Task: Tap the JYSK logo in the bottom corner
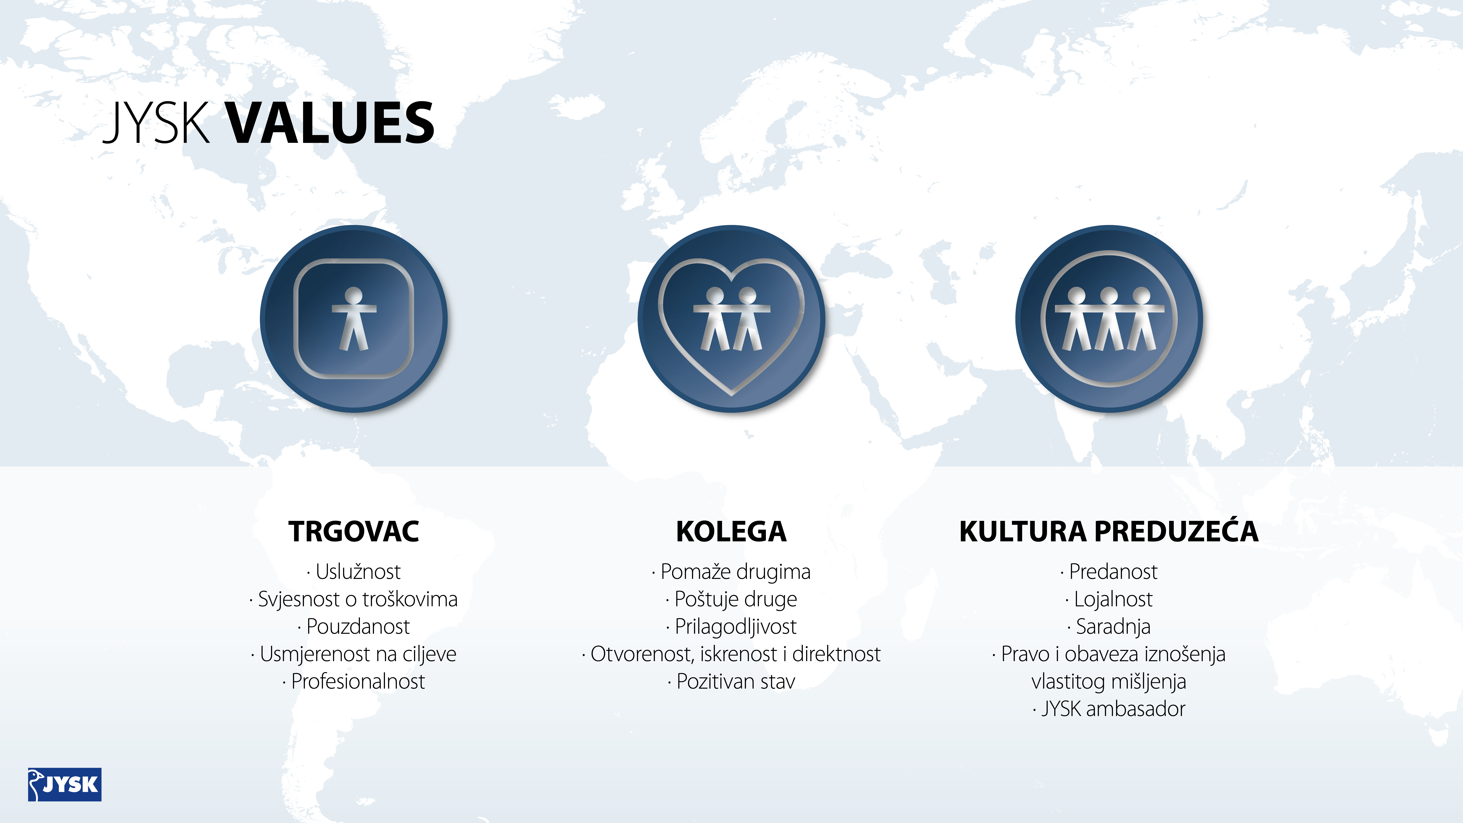pyautogui.click(x=65, y=784)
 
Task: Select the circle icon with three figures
pyautogui.click(x=1109, y=319)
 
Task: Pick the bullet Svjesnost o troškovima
pyautogui.click(x=354, y=599)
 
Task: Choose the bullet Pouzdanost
pyautogui.click(x=354, y=626)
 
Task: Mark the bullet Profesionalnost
pyautogui.click(x=354, y=681)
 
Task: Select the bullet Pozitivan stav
pyautogui.click(x=731, y=681)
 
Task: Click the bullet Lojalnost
pyautogui.click(x=1109, y=599)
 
